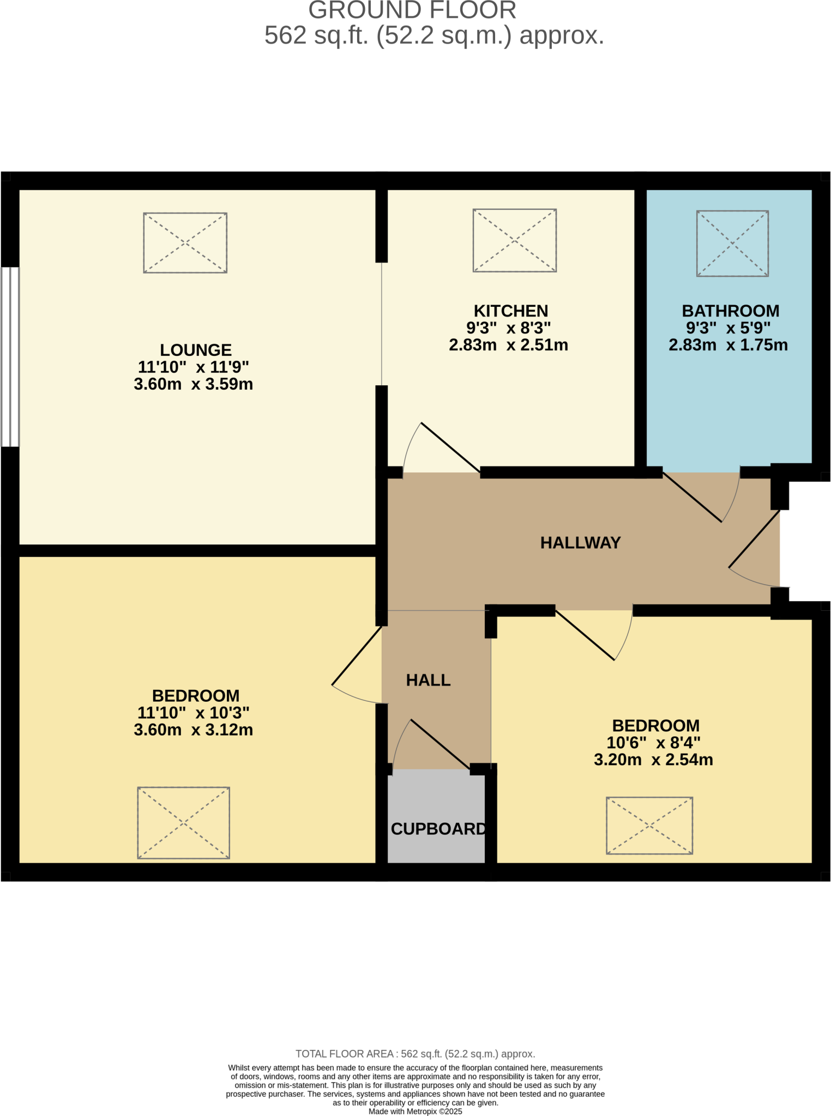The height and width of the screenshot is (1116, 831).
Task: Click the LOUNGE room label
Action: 195,350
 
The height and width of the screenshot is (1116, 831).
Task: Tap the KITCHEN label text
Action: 511,311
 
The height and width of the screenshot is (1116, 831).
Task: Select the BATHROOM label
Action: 730,311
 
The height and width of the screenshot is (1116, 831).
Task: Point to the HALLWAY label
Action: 580,543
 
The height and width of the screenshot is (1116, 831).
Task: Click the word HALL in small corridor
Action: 428,680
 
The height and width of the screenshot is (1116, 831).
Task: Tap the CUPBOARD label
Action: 438,829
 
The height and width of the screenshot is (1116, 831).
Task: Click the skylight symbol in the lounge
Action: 185,242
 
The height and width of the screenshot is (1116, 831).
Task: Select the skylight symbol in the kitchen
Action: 514,240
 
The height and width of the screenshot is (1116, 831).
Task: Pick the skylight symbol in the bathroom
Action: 732,243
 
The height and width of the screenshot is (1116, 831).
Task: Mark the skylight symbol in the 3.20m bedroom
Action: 649,825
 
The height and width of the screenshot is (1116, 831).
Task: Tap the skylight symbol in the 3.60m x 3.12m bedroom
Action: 183,822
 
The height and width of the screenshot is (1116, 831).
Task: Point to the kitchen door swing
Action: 450,447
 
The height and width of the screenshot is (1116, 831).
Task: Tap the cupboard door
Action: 439,744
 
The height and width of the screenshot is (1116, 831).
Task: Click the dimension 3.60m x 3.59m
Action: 193,384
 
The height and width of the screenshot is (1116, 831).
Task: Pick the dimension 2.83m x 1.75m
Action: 728,345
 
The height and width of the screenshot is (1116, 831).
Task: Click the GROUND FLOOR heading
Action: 412,10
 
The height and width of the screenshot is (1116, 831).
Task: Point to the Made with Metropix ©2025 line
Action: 415,1111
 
